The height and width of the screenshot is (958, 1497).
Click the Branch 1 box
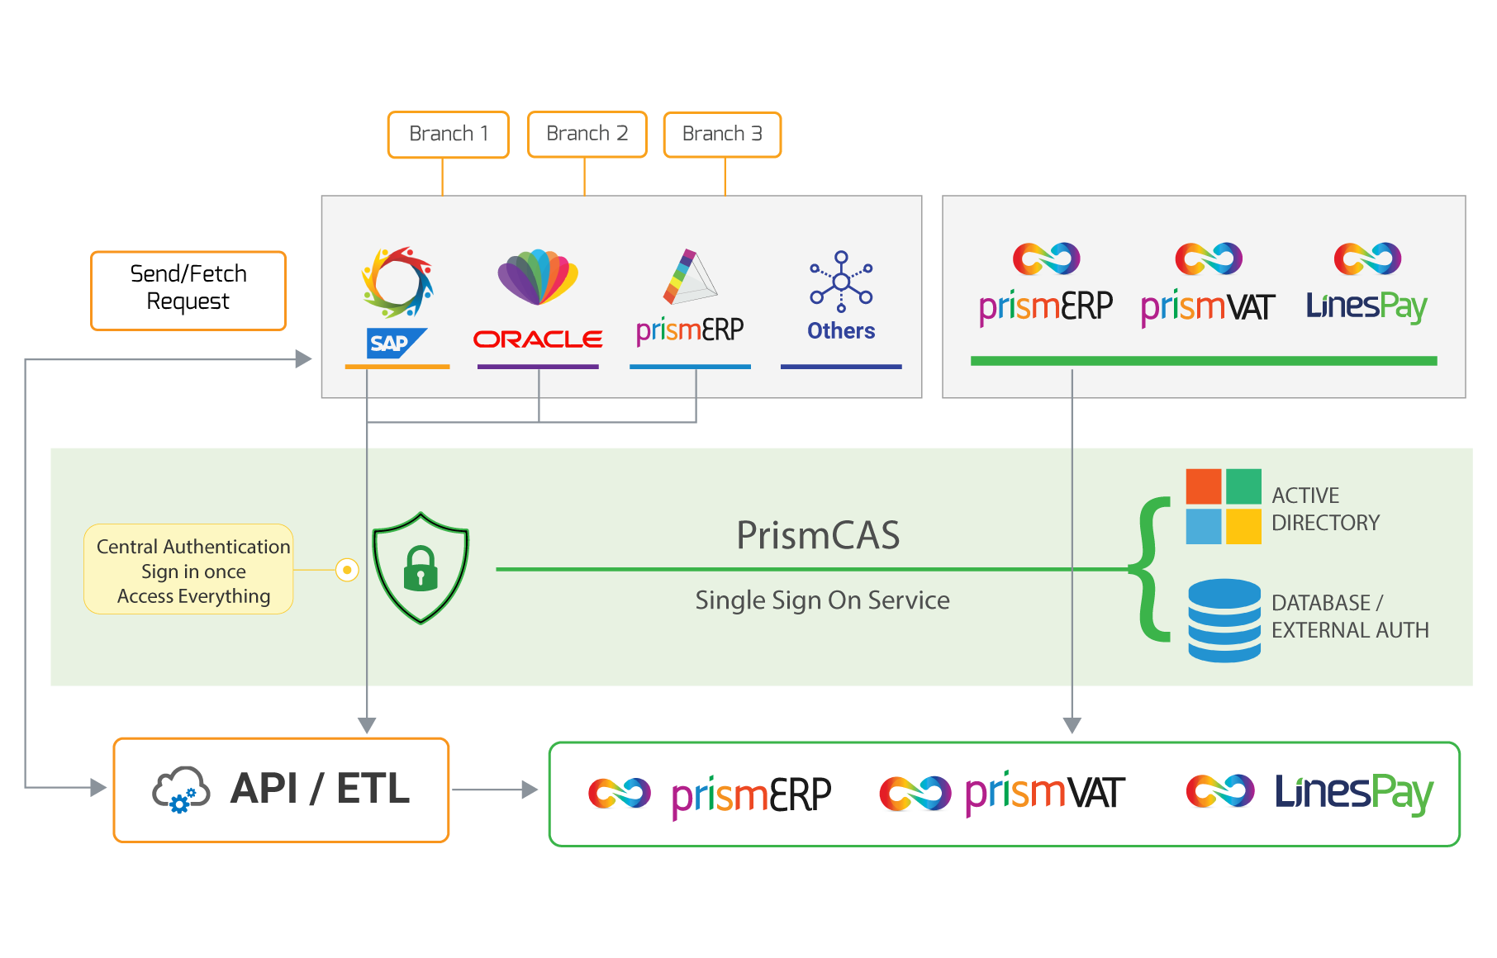click(449, 135)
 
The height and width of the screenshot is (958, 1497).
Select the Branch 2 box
click(587, 134)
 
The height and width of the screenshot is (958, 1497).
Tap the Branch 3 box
click(722, 135)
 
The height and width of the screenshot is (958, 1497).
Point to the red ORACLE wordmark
click(538, 339)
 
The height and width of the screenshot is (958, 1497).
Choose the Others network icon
click(841, 282)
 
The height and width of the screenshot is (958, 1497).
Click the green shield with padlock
click(421, 568)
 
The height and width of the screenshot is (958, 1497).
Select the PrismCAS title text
click(818, 535)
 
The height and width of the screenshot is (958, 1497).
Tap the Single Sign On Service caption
click(822, 600)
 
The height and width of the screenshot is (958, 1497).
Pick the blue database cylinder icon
click(1224, 620)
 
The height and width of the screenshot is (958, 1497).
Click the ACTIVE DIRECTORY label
click(1325, 509)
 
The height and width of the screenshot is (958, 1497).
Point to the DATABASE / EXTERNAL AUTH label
click(1350, 616)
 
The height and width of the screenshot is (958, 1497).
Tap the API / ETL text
click(321, 788)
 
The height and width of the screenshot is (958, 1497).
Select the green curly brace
click(1150, 569)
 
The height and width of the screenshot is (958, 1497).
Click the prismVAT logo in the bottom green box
click(1002, 794)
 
